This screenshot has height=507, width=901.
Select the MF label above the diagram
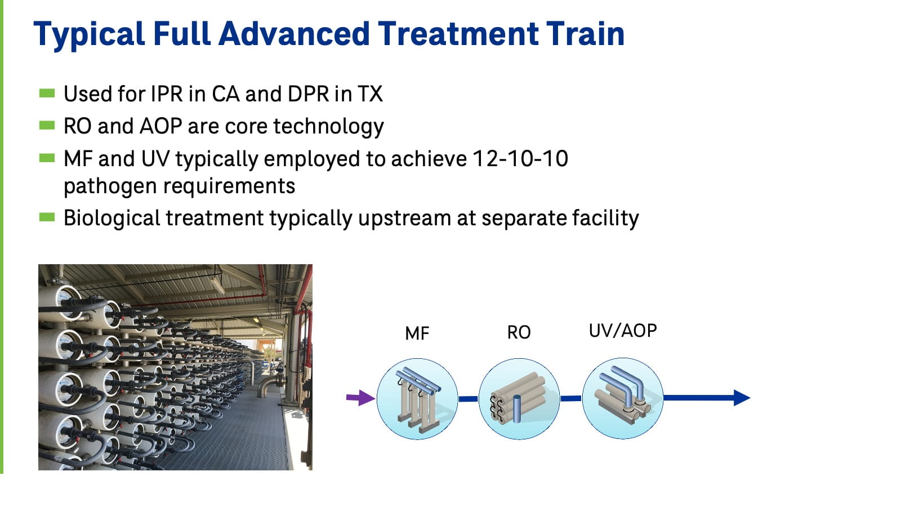(417, 333)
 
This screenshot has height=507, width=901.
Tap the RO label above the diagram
(519, 332)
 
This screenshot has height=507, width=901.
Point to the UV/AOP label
(623, 331)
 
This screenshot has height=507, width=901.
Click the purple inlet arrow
(360, 398)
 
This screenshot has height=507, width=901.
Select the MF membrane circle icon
(417, 399)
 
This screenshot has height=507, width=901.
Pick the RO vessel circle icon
(519, 399)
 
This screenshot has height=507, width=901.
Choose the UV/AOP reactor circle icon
(622, 398)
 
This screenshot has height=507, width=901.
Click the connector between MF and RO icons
(468, 399)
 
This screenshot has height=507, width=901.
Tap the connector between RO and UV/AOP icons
(570, 398)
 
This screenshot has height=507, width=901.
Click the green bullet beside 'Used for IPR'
(47, 93)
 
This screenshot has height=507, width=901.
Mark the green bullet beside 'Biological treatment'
(47, 217)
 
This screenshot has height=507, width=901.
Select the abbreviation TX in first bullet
(370, 94)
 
